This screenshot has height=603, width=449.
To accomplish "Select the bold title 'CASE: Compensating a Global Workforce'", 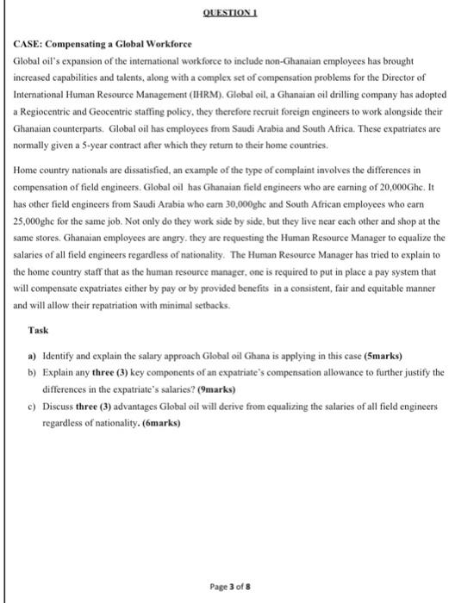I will (102, 43).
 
